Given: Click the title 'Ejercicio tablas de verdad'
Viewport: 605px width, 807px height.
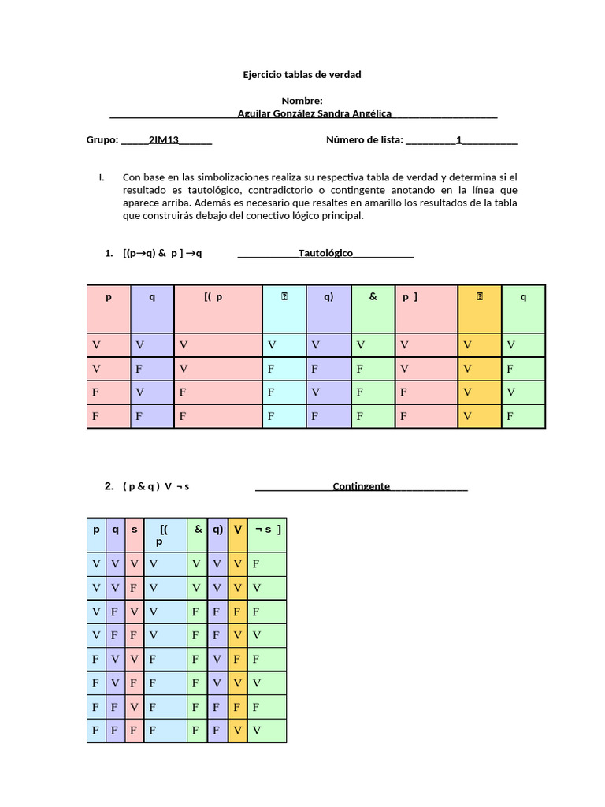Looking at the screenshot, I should (x=302, y=75).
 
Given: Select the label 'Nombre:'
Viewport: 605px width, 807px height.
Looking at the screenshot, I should (x=302, y=101).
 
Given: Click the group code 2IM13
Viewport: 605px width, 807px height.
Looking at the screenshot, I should (x=164, y=140).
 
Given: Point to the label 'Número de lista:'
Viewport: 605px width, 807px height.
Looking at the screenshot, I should (x=364, y=140).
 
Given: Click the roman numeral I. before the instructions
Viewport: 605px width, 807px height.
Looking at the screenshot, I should (x=102, y=177).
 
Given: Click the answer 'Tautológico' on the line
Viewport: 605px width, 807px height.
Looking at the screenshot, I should (x=325, y=253).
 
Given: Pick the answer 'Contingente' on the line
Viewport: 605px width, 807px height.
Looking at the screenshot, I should (x=361, y=486).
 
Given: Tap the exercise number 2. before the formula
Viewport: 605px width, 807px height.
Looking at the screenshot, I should (x=109, y=486).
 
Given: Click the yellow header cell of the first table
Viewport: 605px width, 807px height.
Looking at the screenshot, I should (x=479, y=308).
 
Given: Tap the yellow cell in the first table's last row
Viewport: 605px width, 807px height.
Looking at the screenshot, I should (x=479, y=416).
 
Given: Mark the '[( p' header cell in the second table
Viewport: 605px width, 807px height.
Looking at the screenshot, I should (x=165, y=534).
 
